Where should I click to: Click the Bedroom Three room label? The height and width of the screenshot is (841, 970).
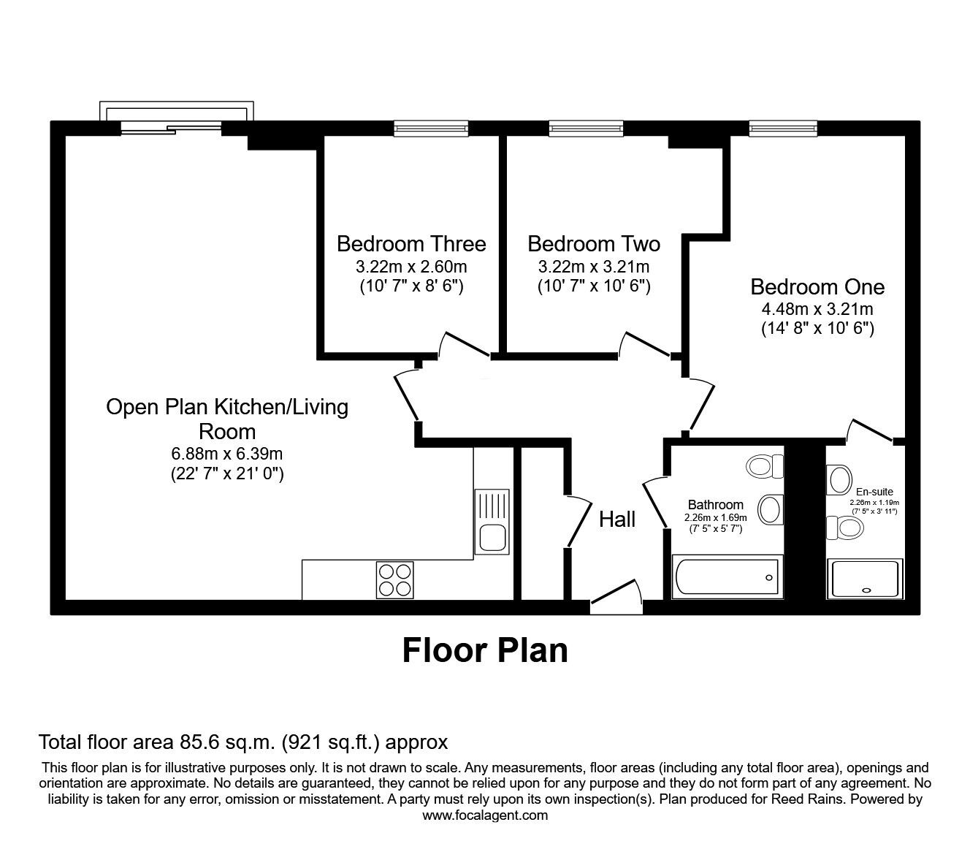411,243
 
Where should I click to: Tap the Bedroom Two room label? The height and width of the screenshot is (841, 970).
593,243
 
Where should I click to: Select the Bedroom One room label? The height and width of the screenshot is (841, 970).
817,286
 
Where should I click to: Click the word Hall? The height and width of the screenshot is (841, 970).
617,520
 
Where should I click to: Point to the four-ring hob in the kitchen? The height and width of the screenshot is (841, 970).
395,579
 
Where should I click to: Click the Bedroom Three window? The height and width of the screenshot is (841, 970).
431,129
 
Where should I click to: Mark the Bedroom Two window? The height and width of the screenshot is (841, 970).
587,129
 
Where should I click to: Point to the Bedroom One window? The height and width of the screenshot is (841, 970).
782,129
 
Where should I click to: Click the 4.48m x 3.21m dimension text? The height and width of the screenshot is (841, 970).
817,308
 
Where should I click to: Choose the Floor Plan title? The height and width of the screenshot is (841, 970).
485,650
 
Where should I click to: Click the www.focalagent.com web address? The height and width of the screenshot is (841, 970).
485,815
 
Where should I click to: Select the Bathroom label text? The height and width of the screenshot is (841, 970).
715,505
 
